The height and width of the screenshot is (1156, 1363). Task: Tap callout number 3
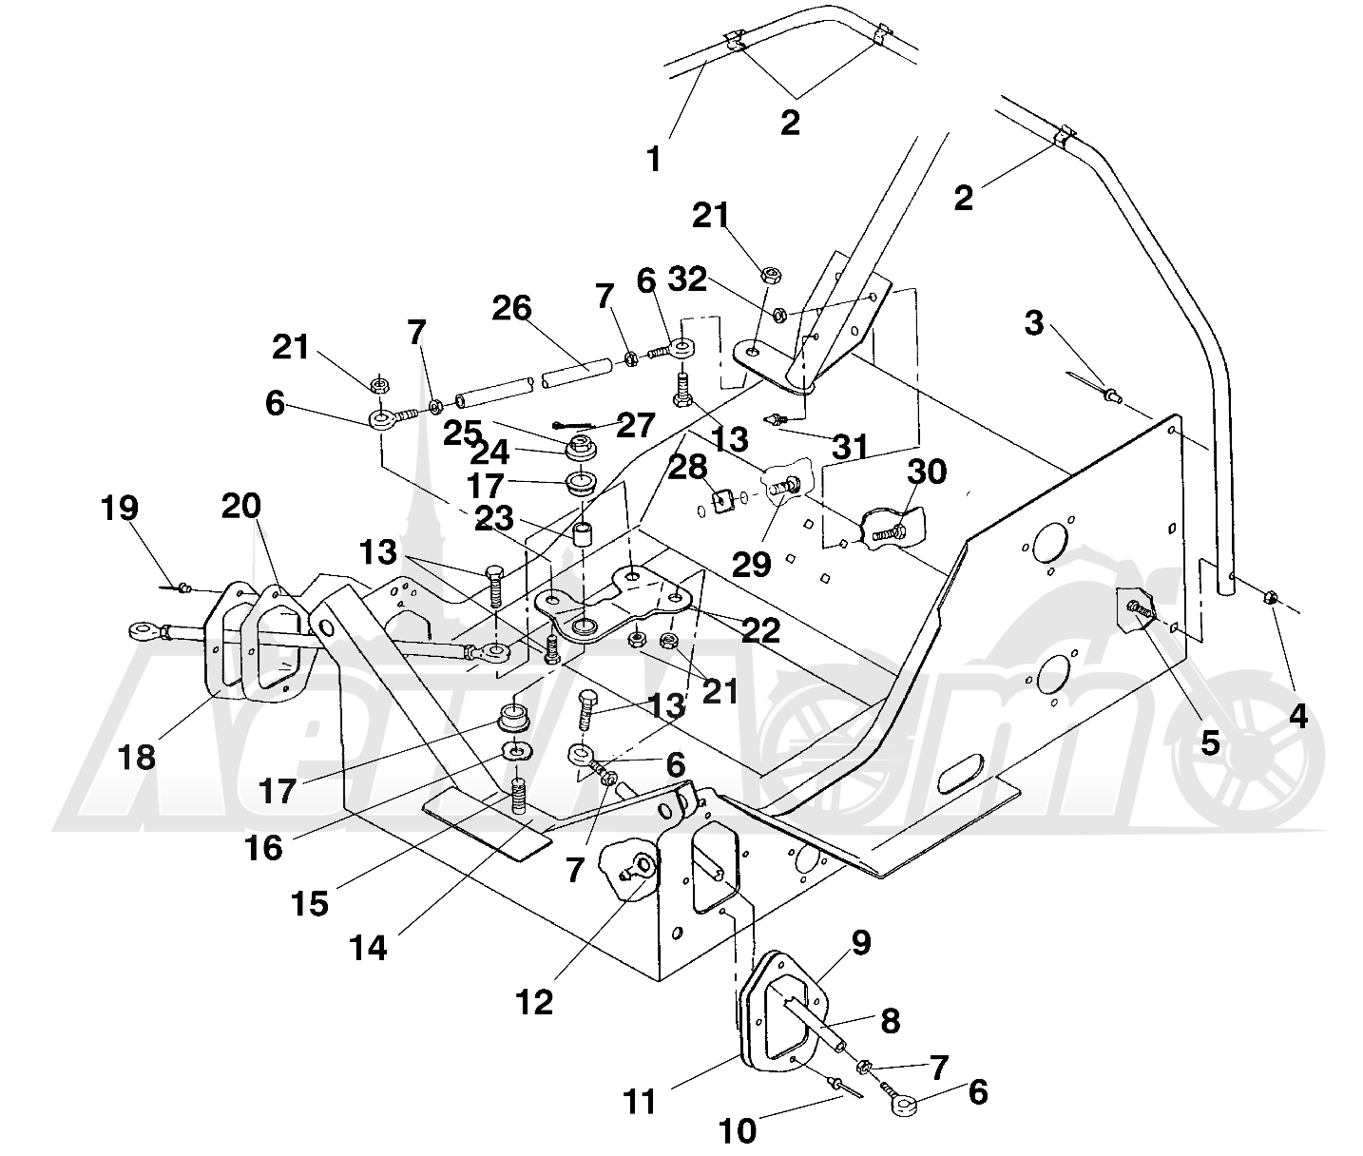coord(1033,323)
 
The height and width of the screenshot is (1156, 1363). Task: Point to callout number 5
coord(1209,742)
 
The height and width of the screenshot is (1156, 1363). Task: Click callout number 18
coord(139,758)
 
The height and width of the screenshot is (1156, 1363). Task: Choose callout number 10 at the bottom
coord(739,1131)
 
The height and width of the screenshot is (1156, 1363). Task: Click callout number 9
coord(860,942)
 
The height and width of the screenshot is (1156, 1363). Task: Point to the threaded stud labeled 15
coord(518,795)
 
